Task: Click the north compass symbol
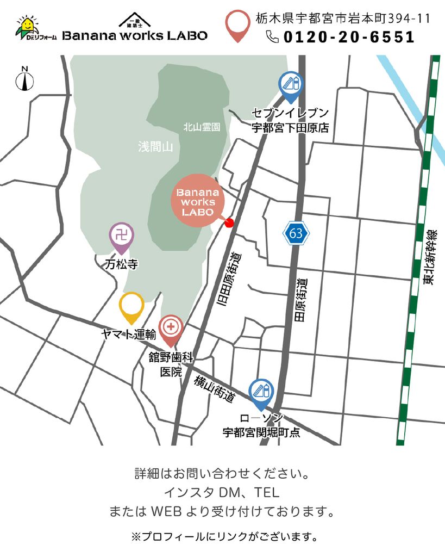[24, 79]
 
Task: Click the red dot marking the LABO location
[229, 222]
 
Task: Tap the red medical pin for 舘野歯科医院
[171, 328]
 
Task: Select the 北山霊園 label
[202, 127]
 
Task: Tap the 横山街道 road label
[215, 389]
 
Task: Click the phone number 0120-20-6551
[348, 37]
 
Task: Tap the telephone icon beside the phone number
[272, 36]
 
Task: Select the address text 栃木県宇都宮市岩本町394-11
[343, 18]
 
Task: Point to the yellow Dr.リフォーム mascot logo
[27, 27]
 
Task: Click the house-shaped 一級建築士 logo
[135, 20]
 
